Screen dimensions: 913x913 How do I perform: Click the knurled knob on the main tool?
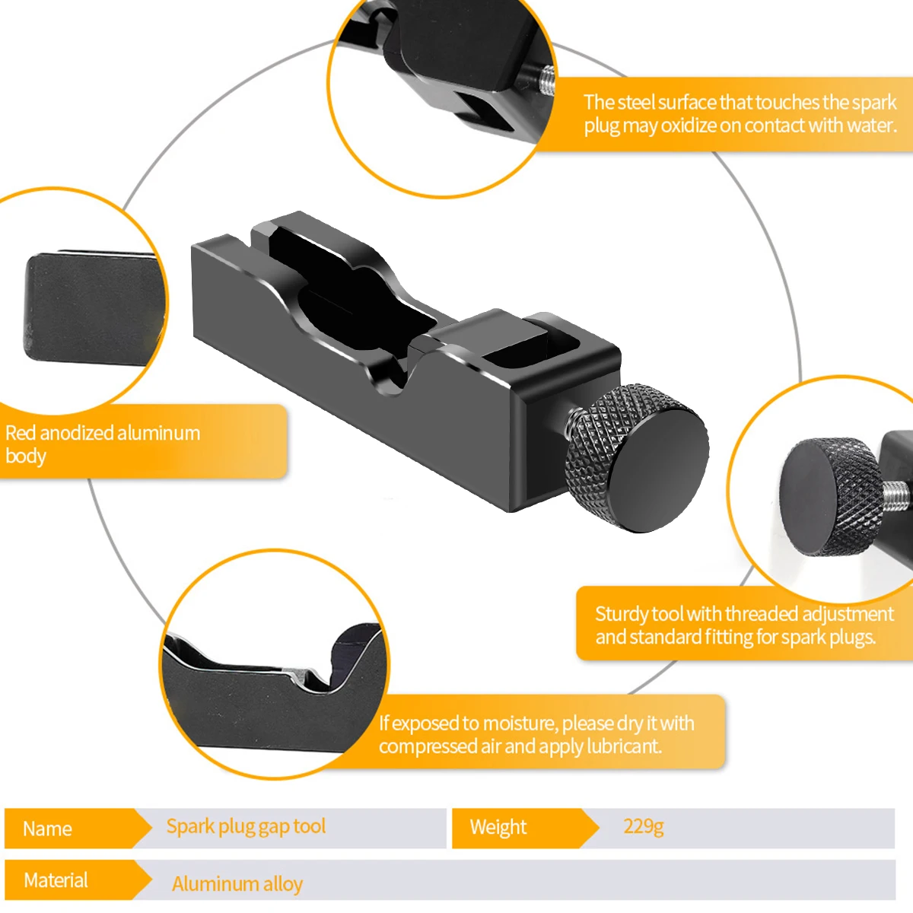click(638, 457)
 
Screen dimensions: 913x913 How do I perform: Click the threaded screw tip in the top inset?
click(546, 79)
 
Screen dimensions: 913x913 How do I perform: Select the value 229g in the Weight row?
click(644, 826)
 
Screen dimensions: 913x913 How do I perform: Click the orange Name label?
click(48, 829)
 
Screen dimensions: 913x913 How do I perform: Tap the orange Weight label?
click(498, 827)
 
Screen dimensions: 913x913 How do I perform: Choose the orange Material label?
click(56, 880)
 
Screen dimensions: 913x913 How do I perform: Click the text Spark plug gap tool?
click(246, 826)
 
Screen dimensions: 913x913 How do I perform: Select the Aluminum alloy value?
click(237, 884)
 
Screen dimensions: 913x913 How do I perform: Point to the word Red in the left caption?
click(21, 434)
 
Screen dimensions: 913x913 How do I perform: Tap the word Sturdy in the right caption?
click(622, 614)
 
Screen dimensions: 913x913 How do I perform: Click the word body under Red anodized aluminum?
click(26, 456)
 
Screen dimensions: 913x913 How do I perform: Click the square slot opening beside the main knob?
click(522, 352)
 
